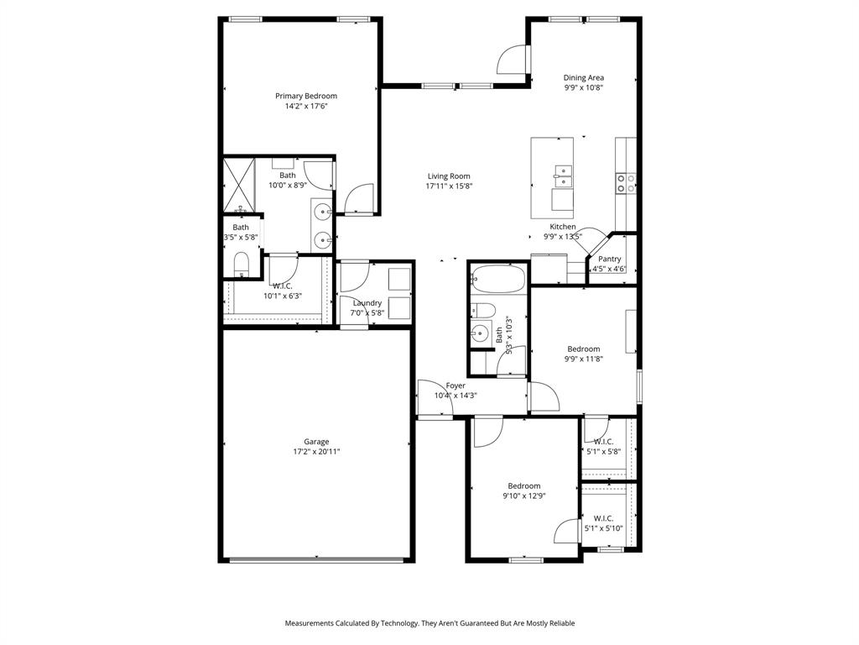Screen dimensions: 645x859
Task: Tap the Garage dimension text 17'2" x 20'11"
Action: (315, 452)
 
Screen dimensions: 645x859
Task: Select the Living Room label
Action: (449, 176)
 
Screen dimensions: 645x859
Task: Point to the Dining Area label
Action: (583, 78)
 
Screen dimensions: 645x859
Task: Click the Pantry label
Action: (609, 260)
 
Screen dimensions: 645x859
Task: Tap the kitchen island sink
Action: (563, 176)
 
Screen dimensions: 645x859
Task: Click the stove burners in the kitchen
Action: (626, 183)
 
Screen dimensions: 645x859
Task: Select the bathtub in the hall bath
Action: (498, 278)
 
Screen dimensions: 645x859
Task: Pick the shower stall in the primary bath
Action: (237, 185)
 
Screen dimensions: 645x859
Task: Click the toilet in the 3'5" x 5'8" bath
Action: (242, 265)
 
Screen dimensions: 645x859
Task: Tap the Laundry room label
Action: (367, 303)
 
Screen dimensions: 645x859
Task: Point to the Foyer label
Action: (456, 386)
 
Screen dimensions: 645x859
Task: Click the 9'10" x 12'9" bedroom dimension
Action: (523, 496)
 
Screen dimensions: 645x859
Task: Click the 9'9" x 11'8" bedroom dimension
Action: (583, 359)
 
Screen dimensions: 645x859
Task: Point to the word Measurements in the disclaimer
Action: (311, 623)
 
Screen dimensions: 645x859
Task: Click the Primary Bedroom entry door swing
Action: (361, 198)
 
